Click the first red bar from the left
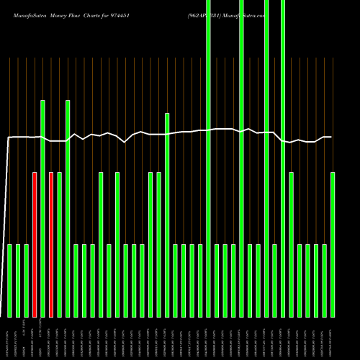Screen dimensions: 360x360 [x=35, y=245]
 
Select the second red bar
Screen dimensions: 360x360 [x=51, y=245]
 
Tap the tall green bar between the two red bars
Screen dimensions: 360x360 [x=42, y=209]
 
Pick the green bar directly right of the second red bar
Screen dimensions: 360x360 [x=59, y=245]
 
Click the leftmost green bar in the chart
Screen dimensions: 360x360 [x=10, y=281]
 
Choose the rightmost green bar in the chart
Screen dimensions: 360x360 [x=333, y=245]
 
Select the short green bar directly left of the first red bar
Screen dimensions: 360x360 [x=27, y=281]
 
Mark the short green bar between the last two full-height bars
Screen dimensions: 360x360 [x=274, y=281]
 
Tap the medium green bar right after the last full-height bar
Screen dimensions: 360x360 [x=291, y=245]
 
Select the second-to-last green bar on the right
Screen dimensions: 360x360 [x=325, y=281]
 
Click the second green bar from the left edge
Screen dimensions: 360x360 [x=18, y=281]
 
